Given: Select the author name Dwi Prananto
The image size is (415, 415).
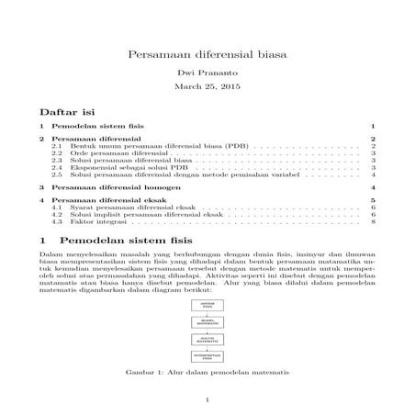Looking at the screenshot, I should (207, 72).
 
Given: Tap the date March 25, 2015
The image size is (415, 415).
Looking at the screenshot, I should (207, 87).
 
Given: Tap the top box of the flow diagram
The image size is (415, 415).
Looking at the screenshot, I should (207, 303).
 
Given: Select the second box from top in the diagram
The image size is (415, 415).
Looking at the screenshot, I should (207, 321).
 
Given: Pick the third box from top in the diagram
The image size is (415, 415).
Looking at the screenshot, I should (207, 340).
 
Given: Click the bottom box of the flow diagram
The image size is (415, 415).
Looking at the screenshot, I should (207, 355).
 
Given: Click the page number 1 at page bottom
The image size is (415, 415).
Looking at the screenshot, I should (207, 399).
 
